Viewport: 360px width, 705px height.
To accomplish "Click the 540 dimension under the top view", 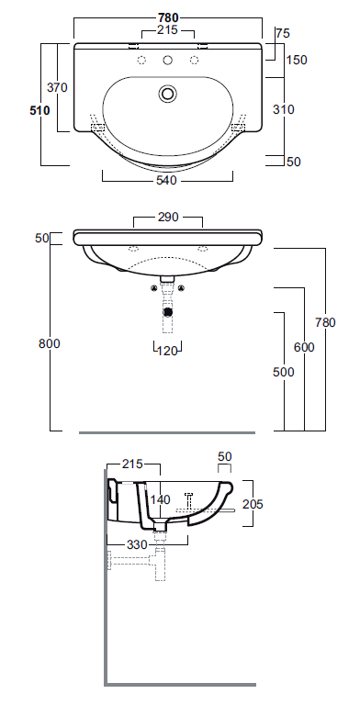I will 167,180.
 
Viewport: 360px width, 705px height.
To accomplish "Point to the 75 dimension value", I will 282,33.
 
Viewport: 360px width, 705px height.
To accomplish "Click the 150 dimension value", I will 296,61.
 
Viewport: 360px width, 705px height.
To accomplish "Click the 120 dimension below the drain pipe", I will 167,351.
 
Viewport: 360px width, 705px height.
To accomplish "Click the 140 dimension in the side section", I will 162,499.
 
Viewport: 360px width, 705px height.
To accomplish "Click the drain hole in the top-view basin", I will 167,93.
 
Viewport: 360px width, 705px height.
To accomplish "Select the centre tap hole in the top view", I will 167,62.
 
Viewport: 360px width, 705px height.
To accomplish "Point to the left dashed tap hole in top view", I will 141,62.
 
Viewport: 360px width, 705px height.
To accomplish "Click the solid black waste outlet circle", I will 167,310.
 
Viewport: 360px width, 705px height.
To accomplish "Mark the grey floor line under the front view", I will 167,431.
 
